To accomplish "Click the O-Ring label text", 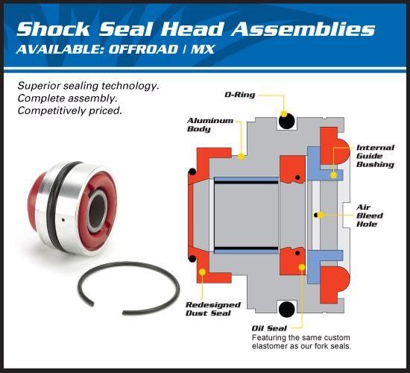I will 243,95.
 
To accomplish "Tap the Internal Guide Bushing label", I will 376,155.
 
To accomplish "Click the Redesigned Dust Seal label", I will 212,309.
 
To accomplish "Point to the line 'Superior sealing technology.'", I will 88,86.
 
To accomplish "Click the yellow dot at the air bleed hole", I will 317,216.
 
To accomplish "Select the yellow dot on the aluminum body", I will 242,157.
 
